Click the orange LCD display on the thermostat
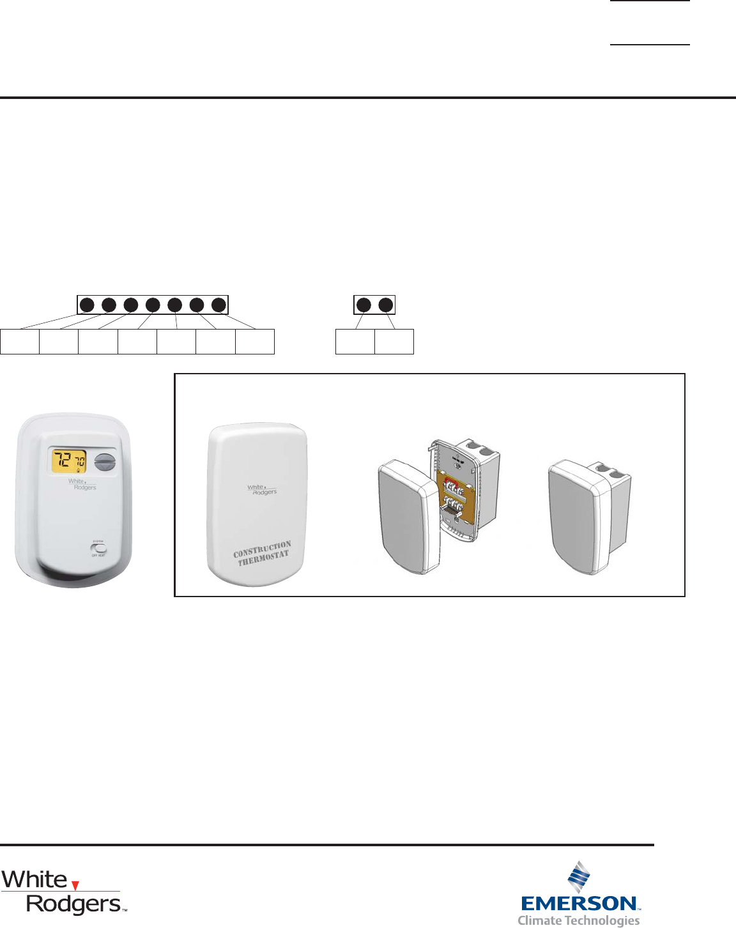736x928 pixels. (x=69, y=461)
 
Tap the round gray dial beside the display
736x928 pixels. (x=103, y=461)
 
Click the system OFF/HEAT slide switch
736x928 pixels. (x=100, y=549)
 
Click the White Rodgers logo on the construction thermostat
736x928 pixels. (x=263, y=490)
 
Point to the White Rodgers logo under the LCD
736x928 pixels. (x=82, y=484)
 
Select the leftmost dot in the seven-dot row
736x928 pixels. (x=87, y=305)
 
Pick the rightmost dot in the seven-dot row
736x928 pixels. (x=218, y=305)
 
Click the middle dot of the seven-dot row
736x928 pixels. (x=153, y=305)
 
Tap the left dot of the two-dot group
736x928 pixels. (x=364, y=305)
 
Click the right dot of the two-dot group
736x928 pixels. (x=385, y=305)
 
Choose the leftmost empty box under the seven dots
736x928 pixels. (x=20, y=342)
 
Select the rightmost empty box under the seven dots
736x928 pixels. (x=255, y=342)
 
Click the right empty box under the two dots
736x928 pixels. (x=394, y=342)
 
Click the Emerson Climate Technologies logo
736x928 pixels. (x=579, y=895)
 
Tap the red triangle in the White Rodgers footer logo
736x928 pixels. (x=75, y=885)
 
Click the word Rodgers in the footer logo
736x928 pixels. (x=74, y=904)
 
